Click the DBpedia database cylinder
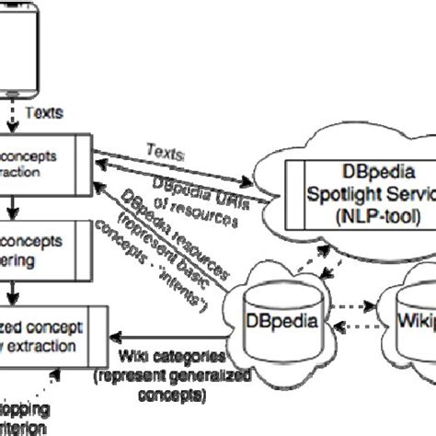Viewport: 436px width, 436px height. [275, 323]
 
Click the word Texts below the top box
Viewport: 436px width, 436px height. [43, 113]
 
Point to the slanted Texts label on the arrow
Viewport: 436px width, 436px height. [166, 148]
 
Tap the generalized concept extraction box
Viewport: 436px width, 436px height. [55, 337]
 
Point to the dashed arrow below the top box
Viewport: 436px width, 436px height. [12, 113]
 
